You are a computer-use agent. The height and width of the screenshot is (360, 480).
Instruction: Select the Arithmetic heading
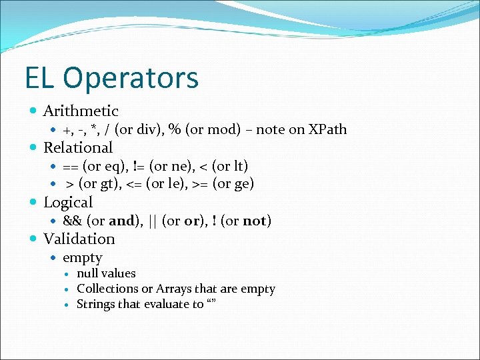tap(81, 111)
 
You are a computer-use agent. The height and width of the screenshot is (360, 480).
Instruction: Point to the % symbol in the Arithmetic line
tap(175, 129)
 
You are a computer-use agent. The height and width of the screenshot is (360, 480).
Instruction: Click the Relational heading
tap(78, 147)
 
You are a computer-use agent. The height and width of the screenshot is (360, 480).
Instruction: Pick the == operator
tap(71, 166)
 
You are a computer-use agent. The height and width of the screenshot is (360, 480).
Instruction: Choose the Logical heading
tap(68, 202)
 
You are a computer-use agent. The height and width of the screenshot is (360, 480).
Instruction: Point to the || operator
tap(151, 221)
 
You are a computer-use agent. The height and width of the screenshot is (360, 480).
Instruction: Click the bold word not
tap(254, 221)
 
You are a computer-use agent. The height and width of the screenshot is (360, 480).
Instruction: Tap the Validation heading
tap(79, 239)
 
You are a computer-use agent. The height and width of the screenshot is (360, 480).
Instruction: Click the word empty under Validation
tap(83, 258)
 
